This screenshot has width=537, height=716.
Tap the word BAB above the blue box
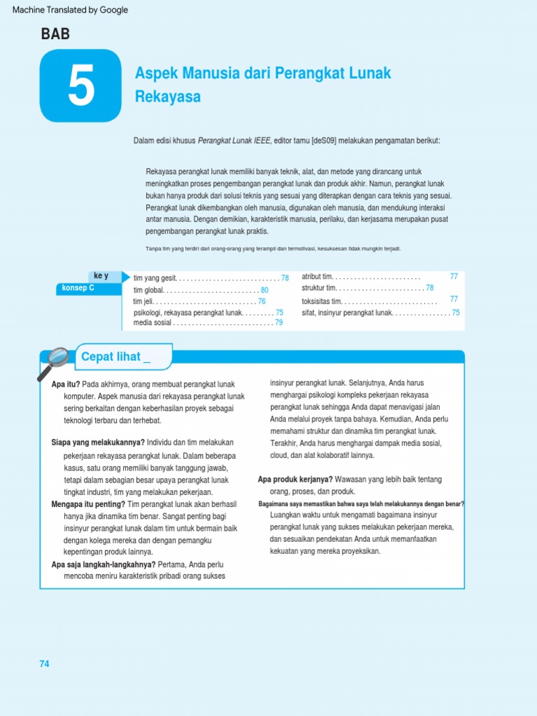[x=55, y=33]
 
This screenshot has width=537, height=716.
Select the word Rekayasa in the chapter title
[x=168, y=97]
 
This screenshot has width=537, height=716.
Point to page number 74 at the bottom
[x=45, y=664]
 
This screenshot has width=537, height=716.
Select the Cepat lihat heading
[x=116, y=357]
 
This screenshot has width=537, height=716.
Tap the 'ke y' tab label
[x=101, y=275]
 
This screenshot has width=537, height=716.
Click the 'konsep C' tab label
[x=78, y=287]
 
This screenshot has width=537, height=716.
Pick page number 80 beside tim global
[x=264, y=290]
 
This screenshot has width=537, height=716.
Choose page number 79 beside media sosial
[x=278, y=322]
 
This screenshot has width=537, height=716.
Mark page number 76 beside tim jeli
[x=262, y=301]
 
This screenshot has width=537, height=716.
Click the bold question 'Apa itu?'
[x=66, y=384]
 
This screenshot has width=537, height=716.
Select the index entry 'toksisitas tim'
[x=322, y=301]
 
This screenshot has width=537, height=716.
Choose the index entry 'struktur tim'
[x=319, y=288]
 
